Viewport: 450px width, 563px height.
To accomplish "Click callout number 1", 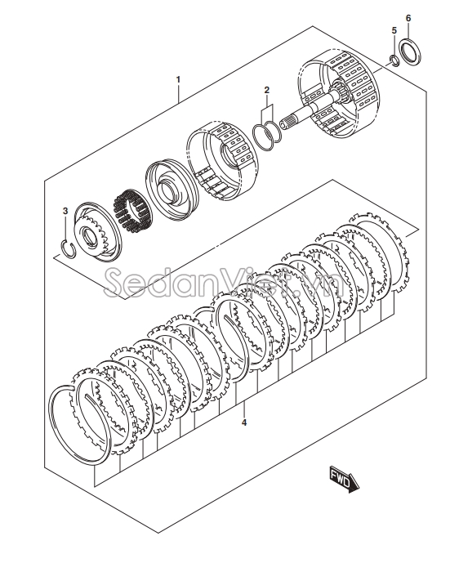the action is click(x=178, y=79).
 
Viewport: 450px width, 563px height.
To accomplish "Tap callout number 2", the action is click(x=266, y=90).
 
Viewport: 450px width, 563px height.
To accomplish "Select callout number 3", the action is click(x=65, y=211).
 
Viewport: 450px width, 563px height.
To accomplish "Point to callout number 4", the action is click(x=244, y=422).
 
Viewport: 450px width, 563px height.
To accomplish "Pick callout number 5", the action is click(x=394, y=30).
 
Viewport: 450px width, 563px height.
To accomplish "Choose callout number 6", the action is click(x=408, y=18).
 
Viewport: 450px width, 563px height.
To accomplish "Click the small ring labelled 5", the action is click(x=394, y=60).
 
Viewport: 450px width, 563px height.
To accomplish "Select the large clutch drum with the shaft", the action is click(x=336, y=94).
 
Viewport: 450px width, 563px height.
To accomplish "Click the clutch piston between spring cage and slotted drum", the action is click(x=172, y=189).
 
